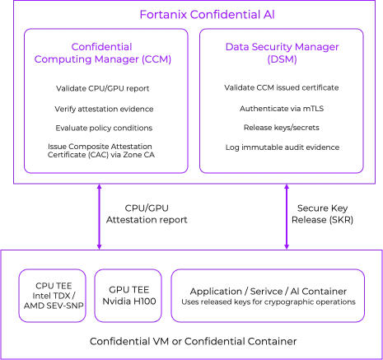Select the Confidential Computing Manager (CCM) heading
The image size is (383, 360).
(x=103, y=54)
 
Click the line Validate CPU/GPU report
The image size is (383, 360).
(x=103, y=88)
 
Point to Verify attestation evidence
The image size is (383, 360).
(x=103, y=108)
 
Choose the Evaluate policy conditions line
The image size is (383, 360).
(x=103, y=128)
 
